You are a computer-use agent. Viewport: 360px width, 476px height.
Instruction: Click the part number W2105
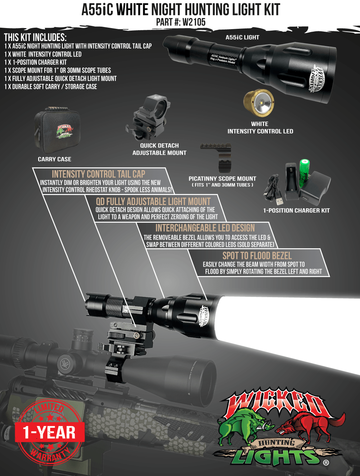pyautogui.click(x=194, y=22)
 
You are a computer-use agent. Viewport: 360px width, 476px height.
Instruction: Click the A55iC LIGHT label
pyautogui.click(x=242, y=37)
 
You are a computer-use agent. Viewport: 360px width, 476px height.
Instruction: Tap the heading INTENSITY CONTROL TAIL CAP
pyautogui.click(x=98, y=174)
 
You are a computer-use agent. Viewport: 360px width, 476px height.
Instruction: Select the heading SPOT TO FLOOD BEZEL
pyautogui.click(x=257, y=256)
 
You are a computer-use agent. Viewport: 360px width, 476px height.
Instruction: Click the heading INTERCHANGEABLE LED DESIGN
pyautogui.click(x=205, y=228)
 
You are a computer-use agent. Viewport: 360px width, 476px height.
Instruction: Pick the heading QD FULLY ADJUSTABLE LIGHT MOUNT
pyautogui.click(x=153, y=201)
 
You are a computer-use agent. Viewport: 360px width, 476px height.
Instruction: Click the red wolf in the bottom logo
pyautogui.click(x=306, y=425)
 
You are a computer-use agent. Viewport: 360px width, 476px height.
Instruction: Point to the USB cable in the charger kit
pyautogui.click(x=272, y=187)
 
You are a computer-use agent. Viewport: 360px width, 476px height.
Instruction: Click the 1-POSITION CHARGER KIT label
pyautogui.click(x=296, y=210)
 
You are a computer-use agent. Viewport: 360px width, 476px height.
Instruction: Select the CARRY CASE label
pyautogui.click(x=54, y=159)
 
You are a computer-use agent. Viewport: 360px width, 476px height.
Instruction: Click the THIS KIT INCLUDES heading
pyautogui.click(x=35, y=37)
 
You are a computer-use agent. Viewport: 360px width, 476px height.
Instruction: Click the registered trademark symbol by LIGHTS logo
pyautogui.click(x=326, y=463)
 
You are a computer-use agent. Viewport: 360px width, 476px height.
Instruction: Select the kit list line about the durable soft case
pyautogui.click(x=51, y=87)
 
